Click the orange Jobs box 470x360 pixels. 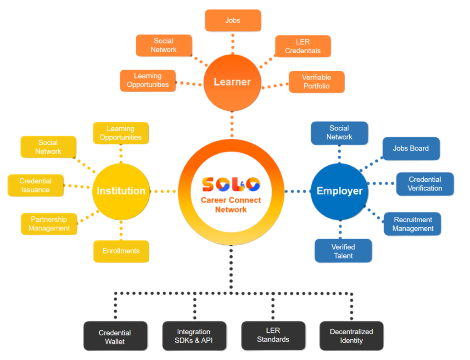(233, 21)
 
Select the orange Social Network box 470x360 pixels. (163, 45)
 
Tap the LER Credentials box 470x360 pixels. (303, 46)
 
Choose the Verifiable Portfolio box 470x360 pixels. (316, 82)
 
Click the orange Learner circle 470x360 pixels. (233, 83)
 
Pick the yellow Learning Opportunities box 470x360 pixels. (121, 133)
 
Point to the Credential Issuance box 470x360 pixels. (36, 186)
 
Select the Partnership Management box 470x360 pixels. (49, 224)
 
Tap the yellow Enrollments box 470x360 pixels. (121, 251)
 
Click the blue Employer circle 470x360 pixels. (340, 191)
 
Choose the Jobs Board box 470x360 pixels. (411, 149)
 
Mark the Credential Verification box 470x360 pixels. (425, 184)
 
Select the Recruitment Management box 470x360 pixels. (413, 224)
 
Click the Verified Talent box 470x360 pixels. (343, 251)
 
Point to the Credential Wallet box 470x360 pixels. (115, 337)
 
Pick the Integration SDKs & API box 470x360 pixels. (194, 336)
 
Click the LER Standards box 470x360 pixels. (273, 335)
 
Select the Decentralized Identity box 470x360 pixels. (352, 336)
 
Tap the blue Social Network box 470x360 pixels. (340, 133)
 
